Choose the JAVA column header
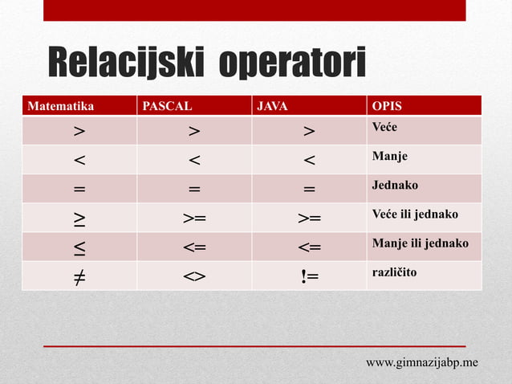pyautogui.click(x=271, y=105)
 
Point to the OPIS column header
pyautogui.click(x=387, y=105)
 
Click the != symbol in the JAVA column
pyautogui.click(x=310, y=276)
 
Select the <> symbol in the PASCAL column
pyautogui.click(x=194, y=276)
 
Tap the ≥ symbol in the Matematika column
pyautogui.click(x=79, y=218)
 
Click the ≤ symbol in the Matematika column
pyautogui.click(x=79, y=247)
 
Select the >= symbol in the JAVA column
pyautogui.click(x=310, y=218)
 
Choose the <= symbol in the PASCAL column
pyautogui.click(x=194, y=247)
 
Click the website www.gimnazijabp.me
pyautogui.click(x=422, y=362)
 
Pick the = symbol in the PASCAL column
pyautogui.click(x=194, y=189)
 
